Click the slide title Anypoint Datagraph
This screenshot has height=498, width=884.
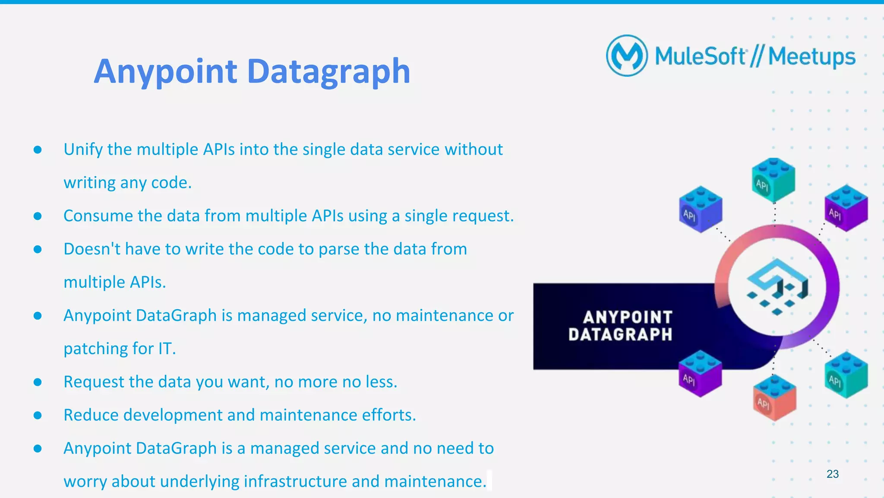pyautogui.click(x=252, y=71)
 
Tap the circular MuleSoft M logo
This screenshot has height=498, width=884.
pyautogui.click(x=627, y=56)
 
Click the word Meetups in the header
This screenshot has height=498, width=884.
pyautogui.click(x=811, y=57)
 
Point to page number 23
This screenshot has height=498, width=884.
pyautogui.click(x=832, y=474)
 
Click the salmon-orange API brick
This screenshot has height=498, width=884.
pyautogui.click(x=774, y=398)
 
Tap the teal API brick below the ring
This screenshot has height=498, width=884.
pyautogui.click(x=846, y=375)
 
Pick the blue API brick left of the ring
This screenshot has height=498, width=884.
pyautogui.click(x=700, y=209)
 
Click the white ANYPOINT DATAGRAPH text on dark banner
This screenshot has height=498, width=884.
pyautogui.click(x=620, y=326)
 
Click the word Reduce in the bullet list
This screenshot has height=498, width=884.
pyautogui.click(x=91, y=415)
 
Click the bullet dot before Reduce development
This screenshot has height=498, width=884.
pyautogui.click(x=38, y=416)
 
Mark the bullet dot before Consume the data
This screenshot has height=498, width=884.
pyautogui.click(x=38, y=216)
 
